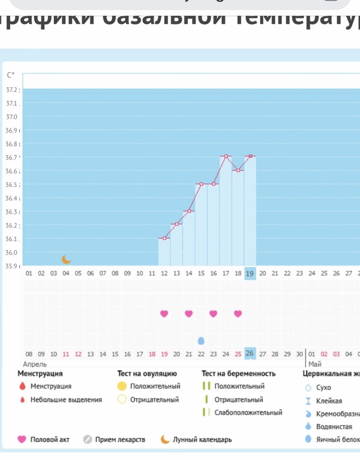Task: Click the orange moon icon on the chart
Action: point(66,259)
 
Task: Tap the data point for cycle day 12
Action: point(164,238)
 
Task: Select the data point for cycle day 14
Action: point(189,211)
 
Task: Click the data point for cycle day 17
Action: point(226,157)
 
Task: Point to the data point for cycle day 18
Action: point(238,170)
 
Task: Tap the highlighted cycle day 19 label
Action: point(250,274)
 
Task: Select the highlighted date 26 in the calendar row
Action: point(250,353)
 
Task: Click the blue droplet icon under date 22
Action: point(201,341)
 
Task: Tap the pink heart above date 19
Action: point(164,314)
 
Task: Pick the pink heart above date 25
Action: point(238,314)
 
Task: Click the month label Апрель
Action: point(35,364)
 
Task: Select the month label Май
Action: point(315,364)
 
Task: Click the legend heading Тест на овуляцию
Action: point(147,374)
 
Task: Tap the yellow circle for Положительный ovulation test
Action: point(122,387)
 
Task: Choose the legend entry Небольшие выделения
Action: point(66,400)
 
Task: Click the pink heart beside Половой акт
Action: point(22,440)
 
